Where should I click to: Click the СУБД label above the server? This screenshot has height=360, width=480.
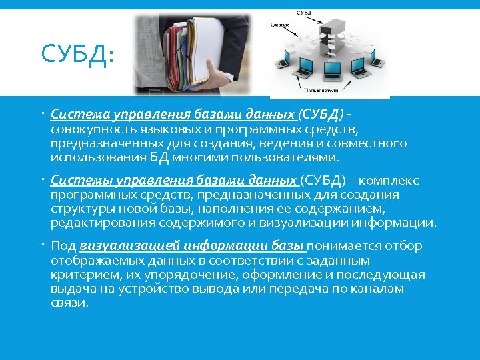322,13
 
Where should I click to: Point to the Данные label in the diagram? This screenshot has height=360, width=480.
280,25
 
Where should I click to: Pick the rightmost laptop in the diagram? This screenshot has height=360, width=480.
379,61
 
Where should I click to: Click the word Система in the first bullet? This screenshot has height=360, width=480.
73,113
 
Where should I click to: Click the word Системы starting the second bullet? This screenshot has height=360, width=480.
74,180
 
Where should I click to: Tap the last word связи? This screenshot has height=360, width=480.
69,303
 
